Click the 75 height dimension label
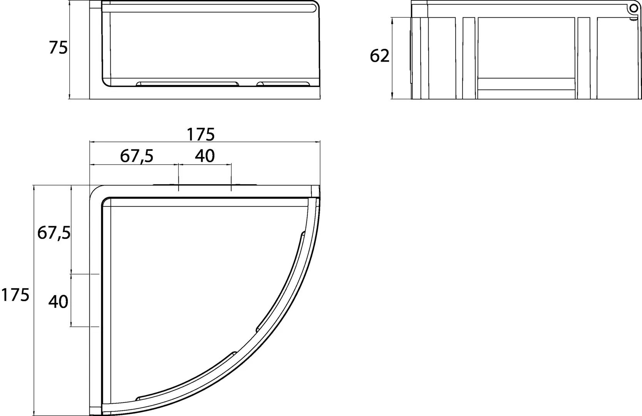point(58,48)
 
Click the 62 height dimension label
point(379,56)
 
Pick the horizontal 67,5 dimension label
point(137,156)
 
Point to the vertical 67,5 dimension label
point(54,233)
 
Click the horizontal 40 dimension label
point(205,156)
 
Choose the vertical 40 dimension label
point(58,302)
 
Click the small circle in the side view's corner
point(634,8)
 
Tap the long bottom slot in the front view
point(188,84)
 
